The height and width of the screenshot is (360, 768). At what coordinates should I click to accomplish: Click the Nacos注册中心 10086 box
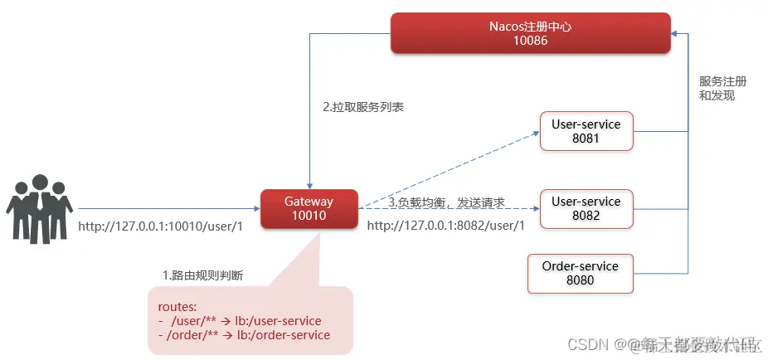[530, 33]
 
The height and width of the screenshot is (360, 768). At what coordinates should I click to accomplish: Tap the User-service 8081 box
[586, 132]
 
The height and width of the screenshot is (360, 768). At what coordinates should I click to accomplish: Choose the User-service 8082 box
[586, 209]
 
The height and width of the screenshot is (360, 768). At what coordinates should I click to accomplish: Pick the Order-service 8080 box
[580, 274]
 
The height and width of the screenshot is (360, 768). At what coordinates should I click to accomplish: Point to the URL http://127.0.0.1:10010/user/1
[160, 226]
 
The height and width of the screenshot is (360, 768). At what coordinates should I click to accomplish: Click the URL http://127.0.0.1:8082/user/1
[446, 226]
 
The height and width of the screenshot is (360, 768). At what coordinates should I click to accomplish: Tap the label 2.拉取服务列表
[363, 108]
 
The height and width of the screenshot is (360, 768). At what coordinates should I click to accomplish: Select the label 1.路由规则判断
[202, 275]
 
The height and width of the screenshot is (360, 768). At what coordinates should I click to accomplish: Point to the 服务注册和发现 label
[722, 89]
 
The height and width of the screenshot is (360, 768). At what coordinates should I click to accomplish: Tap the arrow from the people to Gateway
[166, 208]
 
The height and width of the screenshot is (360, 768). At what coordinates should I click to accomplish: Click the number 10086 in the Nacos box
[530, 41]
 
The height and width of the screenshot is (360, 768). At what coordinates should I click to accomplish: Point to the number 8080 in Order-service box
[580, 280]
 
